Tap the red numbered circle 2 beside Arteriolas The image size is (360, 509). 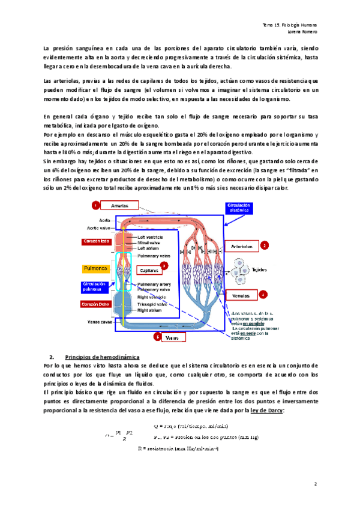[264, 245]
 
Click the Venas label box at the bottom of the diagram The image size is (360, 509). [174, 338]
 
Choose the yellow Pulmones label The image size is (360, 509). [95, 268]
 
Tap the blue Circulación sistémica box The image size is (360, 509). [238, 208]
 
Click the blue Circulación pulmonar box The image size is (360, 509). [96, 286]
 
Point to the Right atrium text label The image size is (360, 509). [149, 310]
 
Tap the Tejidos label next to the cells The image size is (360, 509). [260, 270]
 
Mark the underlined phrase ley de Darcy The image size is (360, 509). [268, 410]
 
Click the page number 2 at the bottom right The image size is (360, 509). [315, 483]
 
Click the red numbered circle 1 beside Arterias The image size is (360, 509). [95, 206]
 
